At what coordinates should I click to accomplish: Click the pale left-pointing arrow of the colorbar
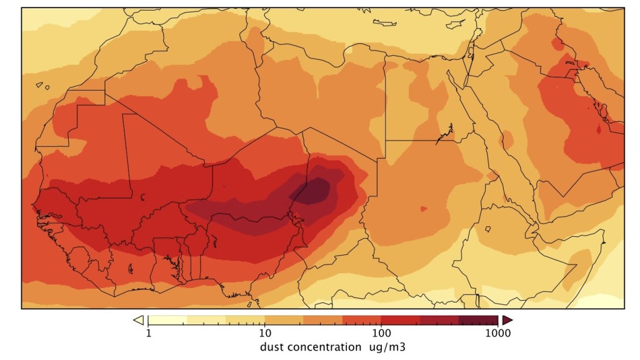pyautogui.click(x=138, y=320)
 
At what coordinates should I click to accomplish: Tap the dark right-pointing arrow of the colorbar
pyautogui.click(x=507, y=320)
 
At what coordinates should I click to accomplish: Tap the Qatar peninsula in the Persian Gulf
pyautogui.click(x=598, y=131)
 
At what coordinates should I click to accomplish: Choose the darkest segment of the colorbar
pyautogui.click(x=478, y=320)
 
